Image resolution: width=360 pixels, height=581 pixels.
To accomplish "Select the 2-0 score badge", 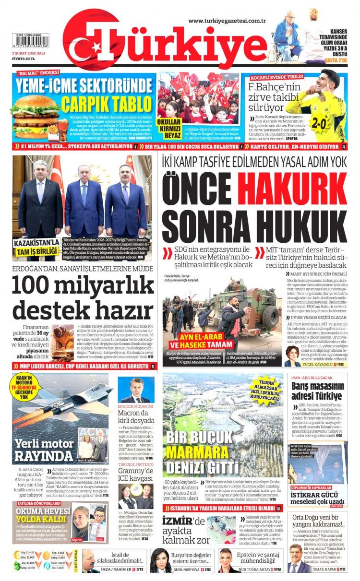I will [x=319, y=122].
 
